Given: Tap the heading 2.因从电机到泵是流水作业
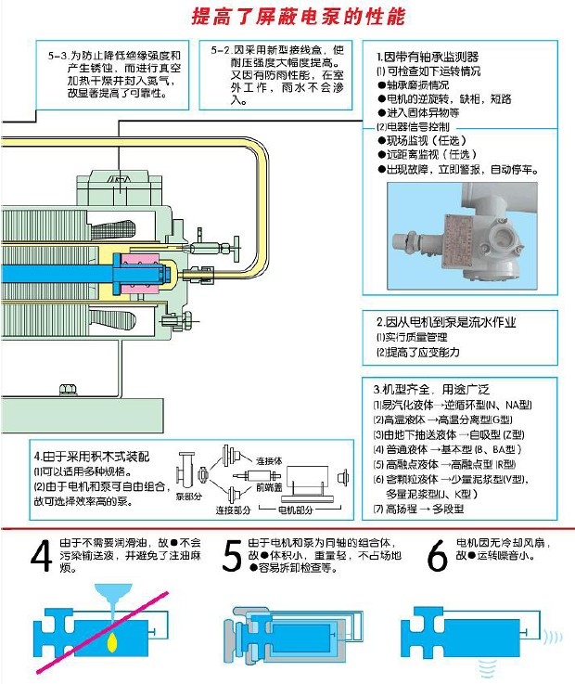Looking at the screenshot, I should [444, 322].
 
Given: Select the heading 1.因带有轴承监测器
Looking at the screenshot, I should [428, 57].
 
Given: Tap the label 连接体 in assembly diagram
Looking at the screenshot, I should [268, 460].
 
